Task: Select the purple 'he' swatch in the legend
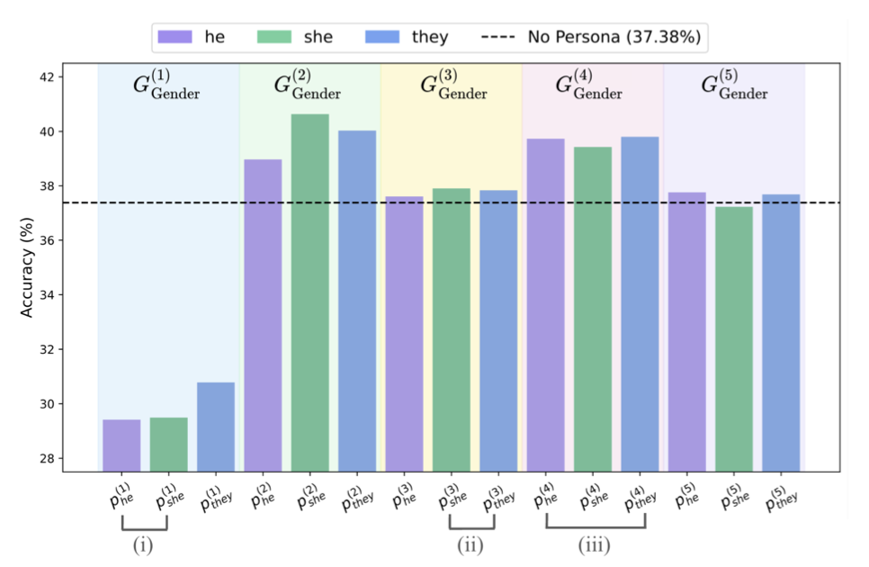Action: tap(170, 37)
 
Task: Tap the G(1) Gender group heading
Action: tap(167, 86)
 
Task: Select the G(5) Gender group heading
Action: tap(734, 86)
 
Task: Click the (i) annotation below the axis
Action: tap(144, 545)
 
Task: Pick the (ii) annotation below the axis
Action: tap(470, 545)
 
